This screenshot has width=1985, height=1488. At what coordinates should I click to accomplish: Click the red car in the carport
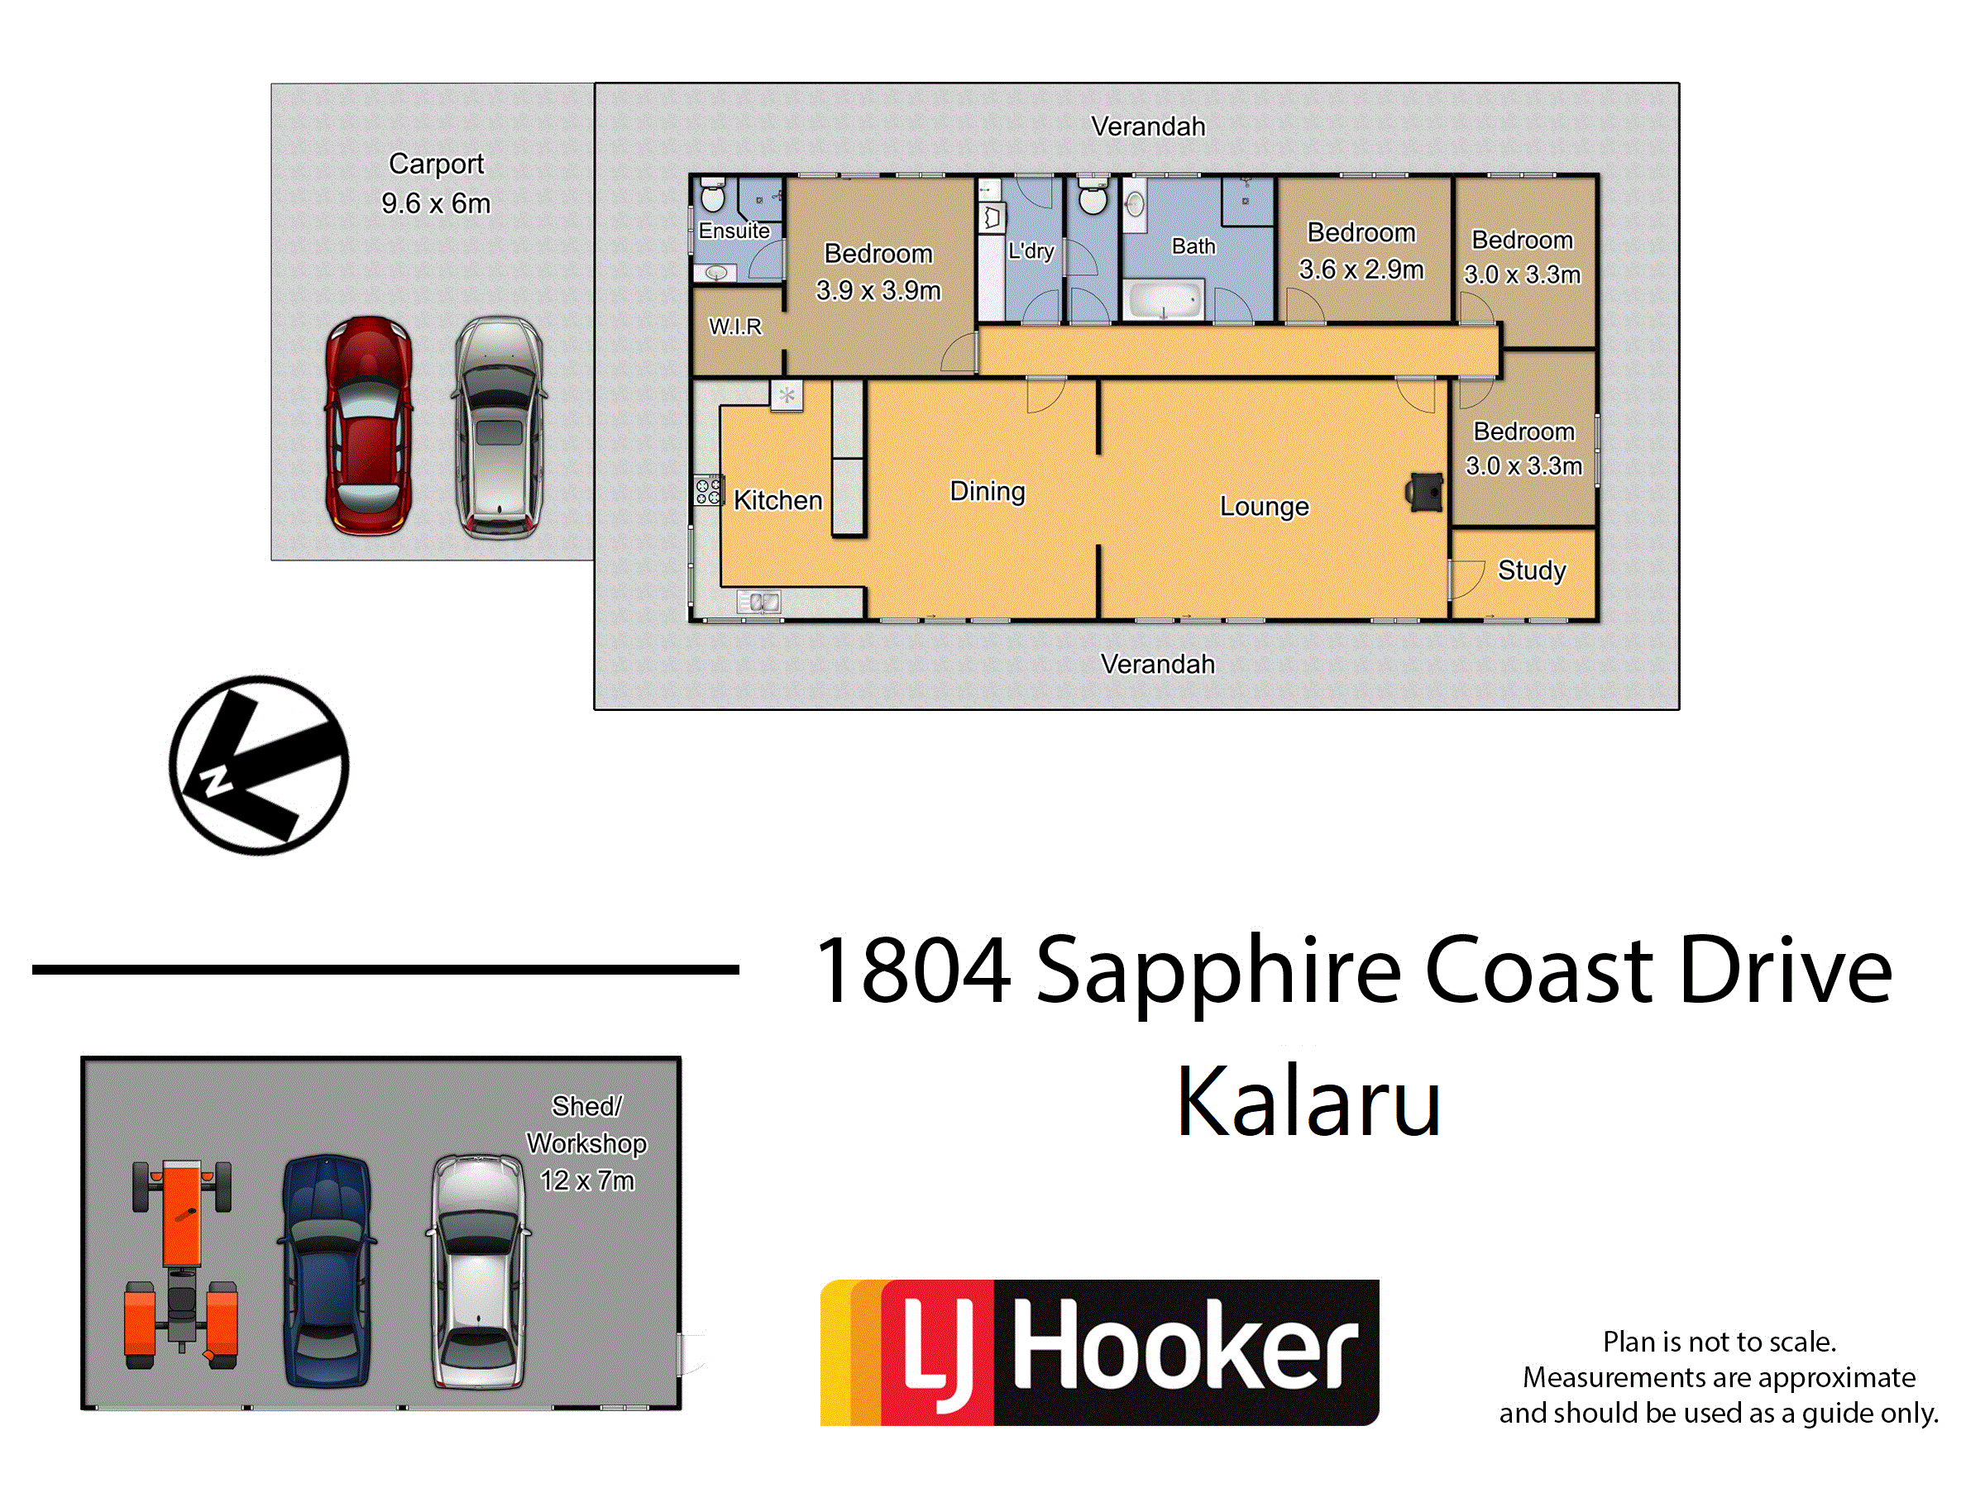click(369, 426)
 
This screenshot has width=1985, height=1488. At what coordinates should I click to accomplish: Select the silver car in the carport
click(499, 427)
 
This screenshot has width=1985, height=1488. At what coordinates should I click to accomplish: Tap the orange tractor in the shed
click(181, 1265)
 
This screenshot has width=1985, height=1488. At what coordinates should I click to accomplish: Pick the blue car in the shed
click(327, 1271)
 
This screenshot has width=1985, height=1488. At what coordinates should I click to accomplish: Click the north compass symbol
click(260, 765)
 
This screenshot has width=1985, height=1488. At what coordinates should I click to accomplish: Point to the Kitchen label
click(778, 500)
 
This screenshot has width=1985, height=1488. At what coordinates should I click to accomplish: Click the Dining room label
click(987, 492)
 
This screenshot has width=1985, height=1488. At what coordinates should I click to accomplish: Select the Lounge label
click(1265, 507)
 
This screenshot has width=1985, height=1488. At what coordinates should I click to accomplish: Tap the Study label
click(1532, 570)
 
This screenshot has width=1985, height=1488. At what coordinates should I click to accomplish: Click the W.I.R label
click(735, 327)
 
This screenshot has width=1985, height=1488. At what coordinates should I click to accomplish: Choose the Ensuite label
click(734, 231)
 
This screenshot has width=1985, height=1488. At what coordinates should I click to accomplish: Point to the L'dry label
click(1031, 251)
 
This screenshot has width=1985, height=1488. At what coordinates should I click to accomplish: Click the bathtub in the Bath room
click(1164, 300)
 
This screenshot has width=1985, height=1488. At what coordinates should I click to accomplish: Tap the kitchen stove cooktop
click(708, 490)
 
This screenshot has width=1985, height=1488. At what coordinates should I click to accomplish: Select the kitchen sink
click(759, 602)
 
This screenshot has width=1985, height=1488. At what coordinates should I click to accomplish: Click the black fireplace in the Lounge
click(1424, 493)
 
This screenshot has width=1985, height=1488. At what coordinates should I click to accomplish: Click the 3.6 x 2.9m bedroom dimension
click(1361, 269)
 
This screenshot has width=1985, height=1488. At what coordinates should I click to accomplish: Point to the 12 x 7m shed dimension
click(587, 1180)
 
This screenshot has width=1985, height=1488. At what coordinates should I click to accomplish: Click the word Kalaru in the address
click(1308, 1101)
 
